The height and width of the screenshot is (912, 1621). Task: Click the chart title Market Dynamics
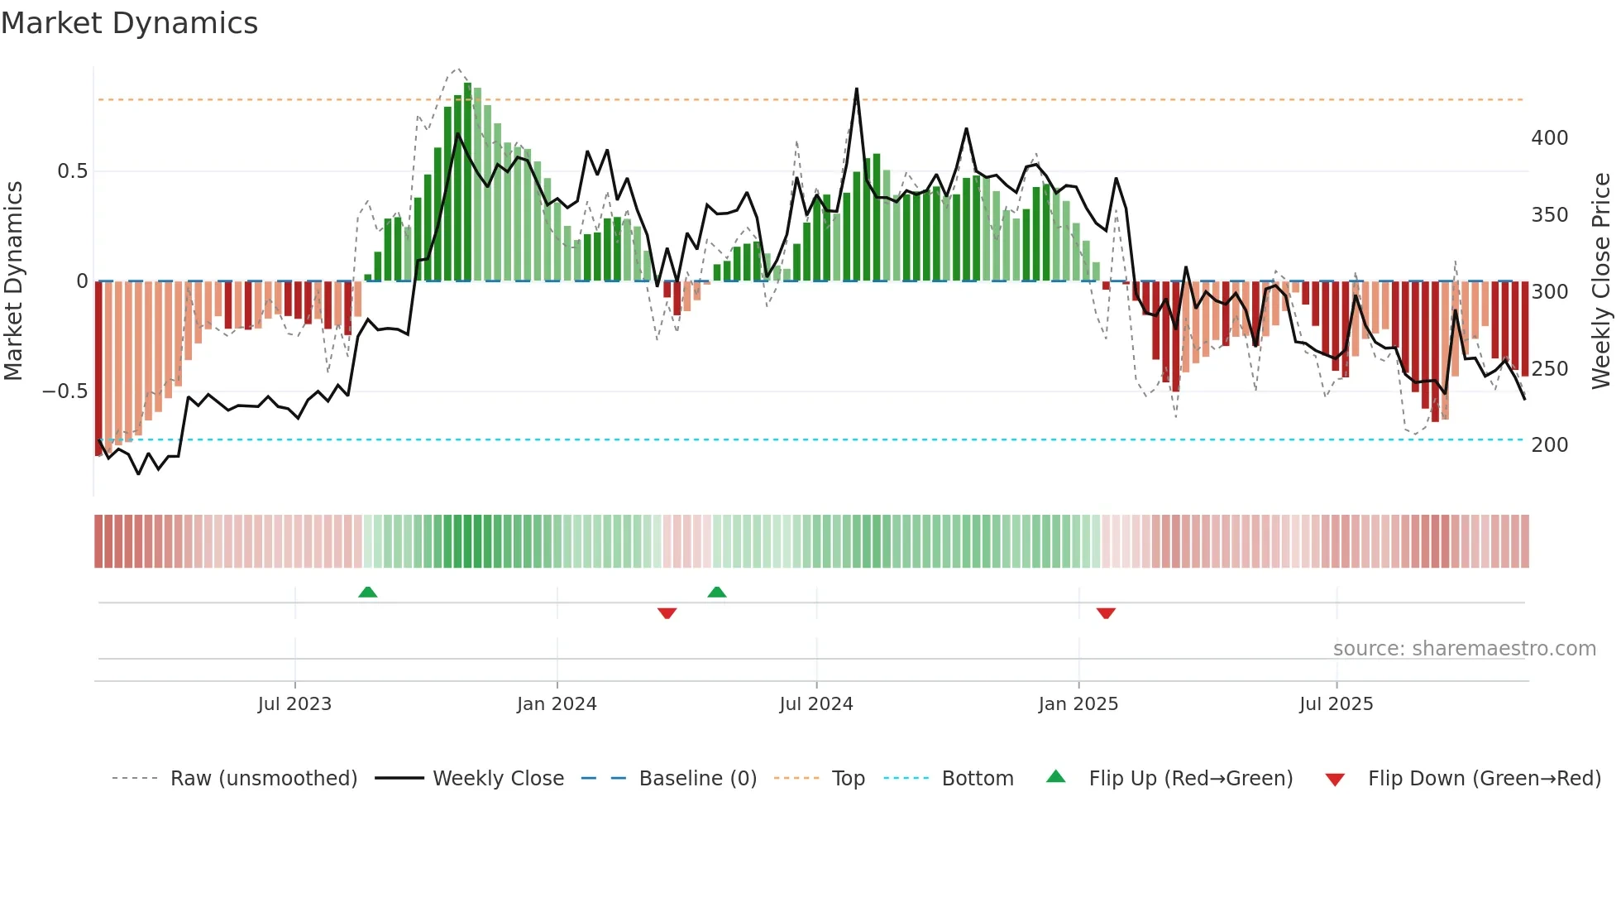click(129, 23)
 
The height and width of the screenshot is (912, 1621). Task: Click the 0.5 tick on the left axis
click(72, 171)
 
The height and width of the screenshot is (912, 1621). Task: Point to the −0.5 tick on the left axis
click(65, 391)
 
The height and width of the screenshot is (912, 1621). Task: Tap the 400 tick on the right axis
click(1549, 138)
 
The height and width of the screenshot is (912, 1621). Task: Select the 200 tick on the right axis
click(1549, 445)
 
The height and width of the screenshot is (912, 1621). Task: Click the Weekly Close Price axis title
click(1601, 281)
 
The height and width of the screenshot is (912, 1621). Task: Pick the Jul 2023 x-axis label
click(294, 704)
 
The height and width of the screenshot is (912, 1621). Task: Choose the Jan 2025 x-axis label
click(1078, 704)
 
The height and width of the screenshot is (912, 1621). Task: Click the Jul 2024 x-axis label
click(815, 704)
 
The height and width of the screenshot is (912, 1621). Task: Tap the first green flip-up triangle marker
click(368, 593)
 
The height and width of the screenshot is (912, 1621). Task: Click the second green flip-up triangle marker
click(717, 593)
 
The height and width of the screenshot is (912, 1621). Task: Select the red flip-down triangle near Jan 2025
click(1106, 613)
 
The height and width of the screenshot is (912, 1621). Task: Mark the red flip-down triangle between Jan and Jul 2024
click(667, 613)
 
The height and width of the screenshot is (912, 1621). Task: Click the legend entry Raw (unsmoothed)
click(263, 779)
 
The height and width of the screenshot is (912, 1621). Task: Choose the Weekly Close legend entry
click(498, 779)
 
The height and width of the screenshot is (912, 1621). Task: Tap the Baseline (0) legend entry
click(697, 779)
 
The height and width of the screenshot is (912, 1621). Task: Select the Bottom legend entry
click(977, 779)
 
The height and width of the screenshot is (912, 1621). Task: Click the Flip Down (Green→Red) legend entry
click(1484, 779)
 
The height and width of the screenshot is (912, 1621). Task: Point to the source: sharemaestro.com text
click(1464, 649)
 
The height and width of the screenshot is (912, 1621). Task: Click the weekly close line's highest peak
click(856, 89)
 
